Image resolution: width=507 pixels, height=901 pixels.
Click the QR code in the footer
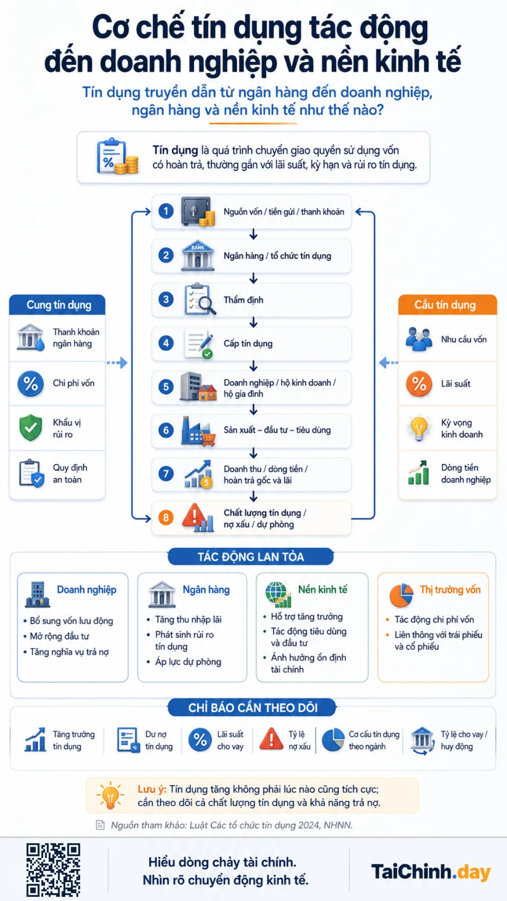pyautogui.click(x=53, y=870)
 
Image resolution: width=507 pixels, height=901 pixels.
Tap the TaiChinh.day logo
pyautogui.click(x=431, y=872)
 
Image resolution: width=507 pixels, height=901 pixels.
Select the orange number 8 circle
pyautogui.click(x=166, y=518)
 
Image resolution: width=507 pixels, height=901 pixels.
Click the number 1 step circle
pyautogui.click(x=166, y=211)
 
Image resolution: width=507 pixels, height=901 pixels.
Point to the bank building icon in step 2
pyautogui.click(x=198, y=256)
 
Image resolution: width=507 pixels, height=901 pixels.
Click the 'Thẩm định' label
pyautogui.click(x=243, y=300)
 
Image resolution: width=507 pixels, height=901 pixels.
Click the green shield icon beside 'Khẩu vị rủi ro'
pyautogui.click(x=31, y=428)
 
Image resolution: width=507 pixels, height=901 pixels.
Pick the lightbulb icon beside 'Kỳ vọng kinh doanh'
pyautogui.click(x=419, y=428)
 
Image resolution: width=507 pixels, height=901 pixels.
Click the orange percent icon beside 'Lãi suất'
pyautogui.click(x=419, y=384)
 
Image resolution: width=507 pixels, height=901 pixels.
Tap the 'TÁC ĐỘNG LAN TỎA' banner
pyautogui.click(x=251, y=557)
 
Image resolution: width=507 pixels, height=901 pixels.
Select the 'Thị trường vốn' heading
pyautogui.click(x=450, y=589)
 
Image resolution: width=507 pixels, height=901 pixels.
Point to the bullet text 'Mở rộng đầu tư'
pyautogui.click(x=60, y=636)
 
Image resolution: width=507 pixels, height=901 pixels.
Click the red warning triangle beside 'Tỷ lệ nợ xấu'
pyautogui.click(x=271, y=739)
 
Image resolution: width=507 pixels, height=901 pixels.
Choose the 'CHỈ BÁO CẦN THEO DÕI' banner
pyautogui.click(x=252, y=708)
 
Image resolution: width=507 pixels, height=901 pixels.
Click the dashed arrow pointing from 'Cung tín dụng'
pyautogui.click(x=117, y=363)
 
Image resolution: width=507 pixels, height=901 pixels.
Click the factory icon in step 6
pyautogui.click(x=198, y=431)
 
